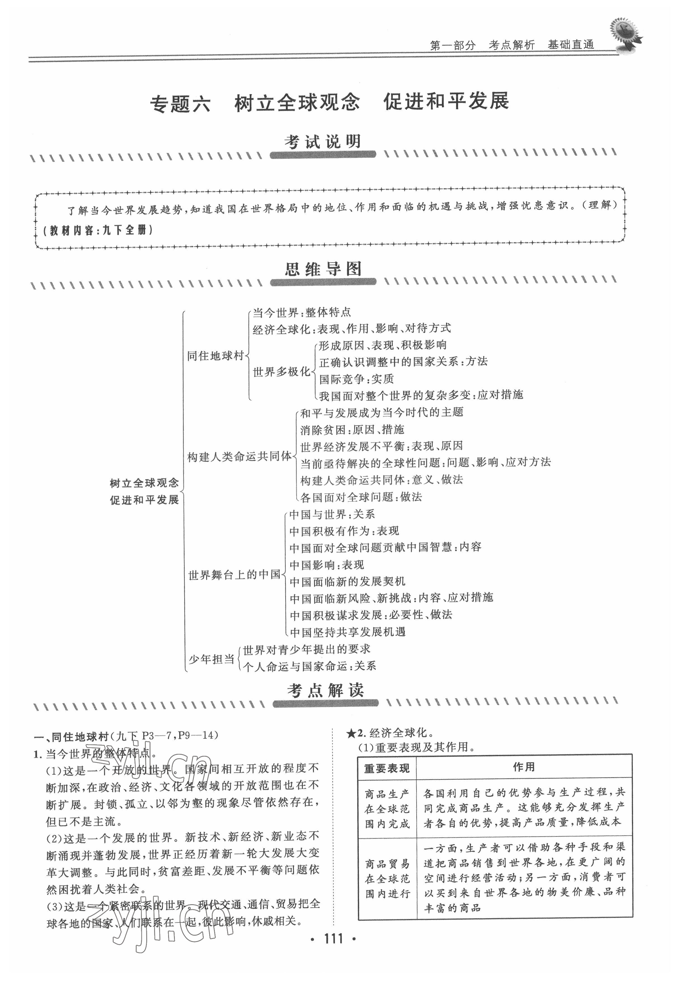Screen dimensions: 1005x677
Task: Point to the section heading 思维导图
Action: [x=323, y=270]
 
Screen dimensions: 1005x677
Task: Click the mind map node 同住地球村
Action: [x=215, y=356]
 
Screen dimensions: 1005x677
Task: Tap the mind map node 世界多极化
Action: [x=281, y=371]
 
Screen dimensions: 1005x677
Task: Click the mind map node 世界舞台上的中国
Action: [x=234, y=575]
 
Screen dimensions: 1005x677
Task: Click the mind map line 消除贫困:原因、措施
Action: [x=352, y=429]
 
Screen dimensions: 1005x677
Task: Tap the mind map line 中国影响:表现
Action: [x=327, y=565]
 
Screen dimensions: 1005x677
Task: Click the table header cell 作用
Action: [x=524, y=767]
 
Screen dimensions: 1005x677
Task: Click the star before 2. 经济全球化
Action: [x=351, y=733]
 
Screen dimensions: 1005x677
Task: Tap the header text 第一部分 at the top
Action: [x=452, y=45]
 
